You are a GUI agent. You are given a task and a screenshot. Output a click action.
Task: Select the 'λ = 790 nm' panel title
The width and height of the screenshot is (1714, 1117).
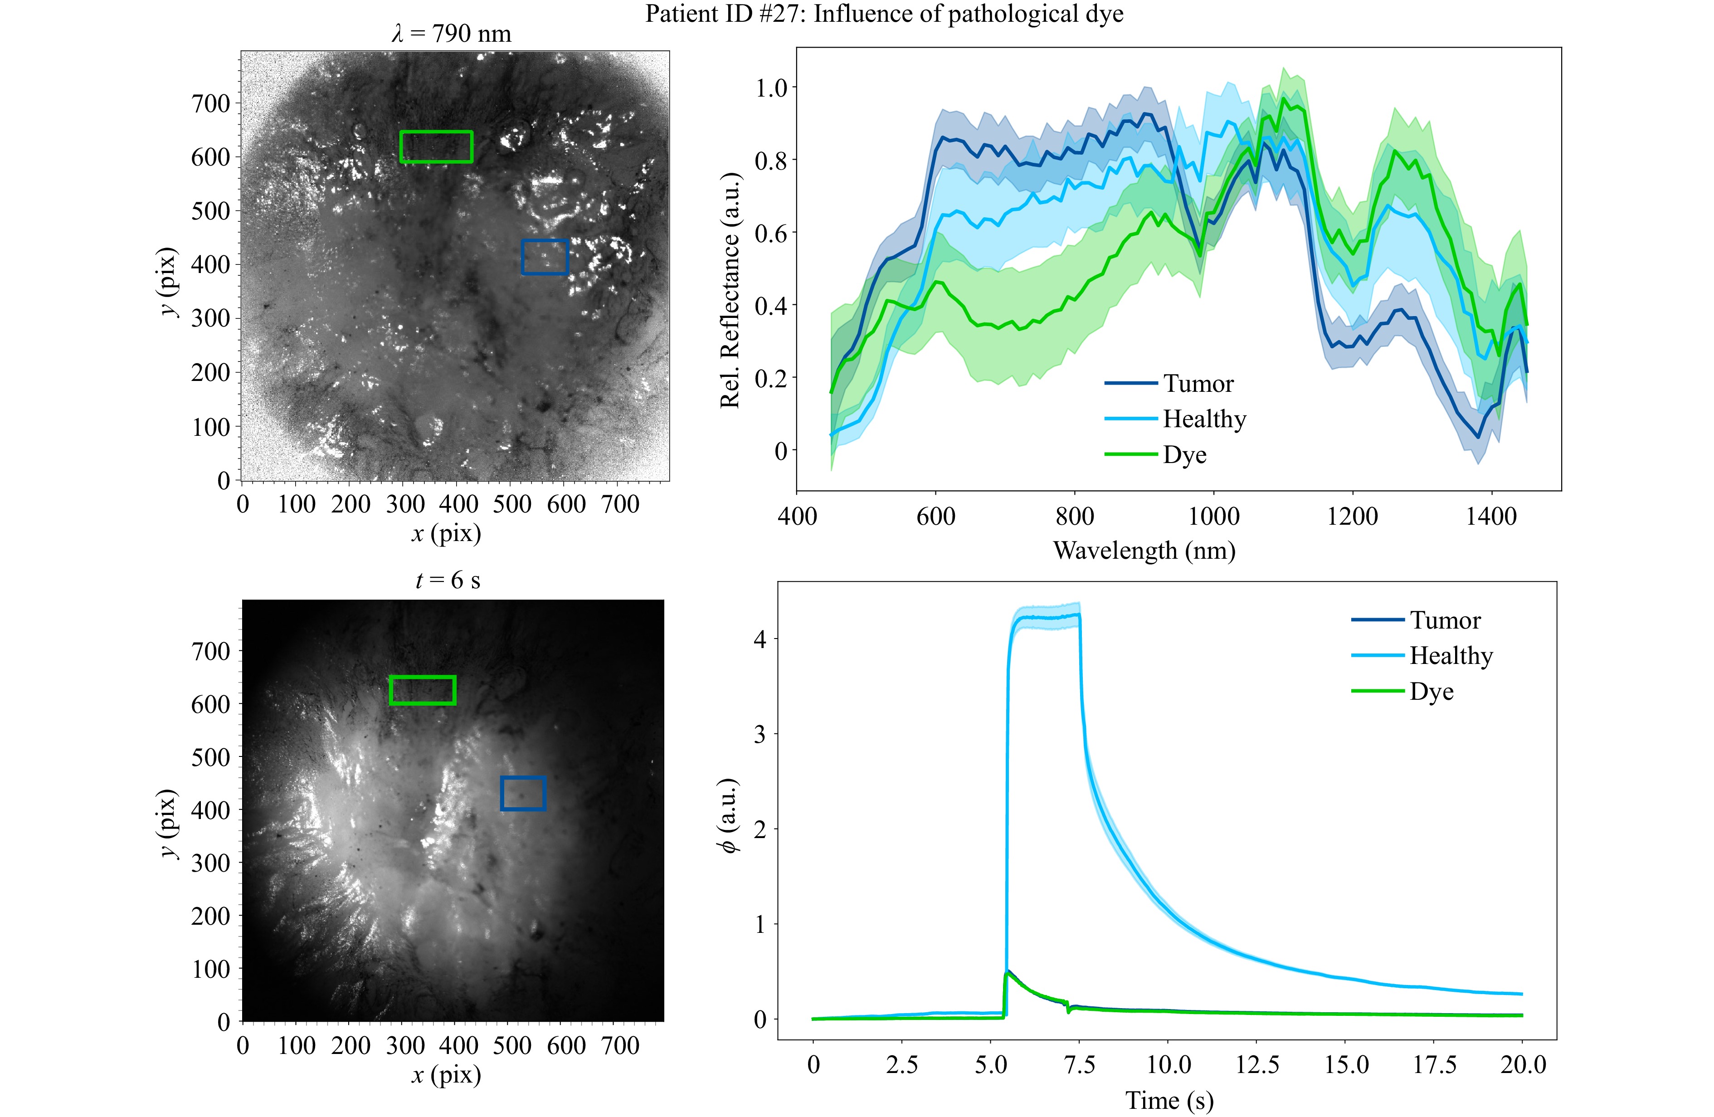click(x=452, y=34)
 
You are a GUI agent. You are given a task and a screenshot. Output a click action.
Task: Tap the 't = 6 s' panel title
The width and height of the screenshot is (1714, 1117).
click(x=447, y=580)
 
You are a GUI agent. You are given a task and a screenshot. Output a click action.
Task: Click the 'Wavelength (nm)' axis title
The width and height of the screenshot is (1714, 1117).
click(x=1144, y=551)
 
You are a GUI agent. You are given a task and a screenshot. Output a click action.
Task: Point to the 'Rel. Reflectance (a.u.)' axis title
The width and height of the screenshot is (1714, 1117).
click(x=730, y=290)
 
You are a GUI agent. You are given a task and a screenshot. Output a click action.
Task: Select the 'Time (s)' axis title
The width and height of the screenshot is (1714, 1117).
click(x=1169, y=1100)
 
